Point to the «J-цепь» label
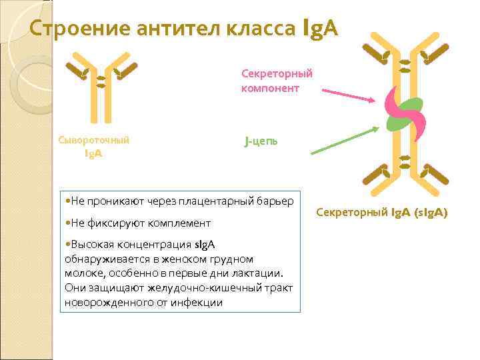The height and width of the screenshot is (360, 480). click(261, 141)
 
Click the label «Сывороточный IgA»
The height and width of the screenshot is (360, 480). click(93, 147)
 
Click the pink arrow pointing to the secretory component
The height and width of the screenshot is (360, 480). click(347, 95)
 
